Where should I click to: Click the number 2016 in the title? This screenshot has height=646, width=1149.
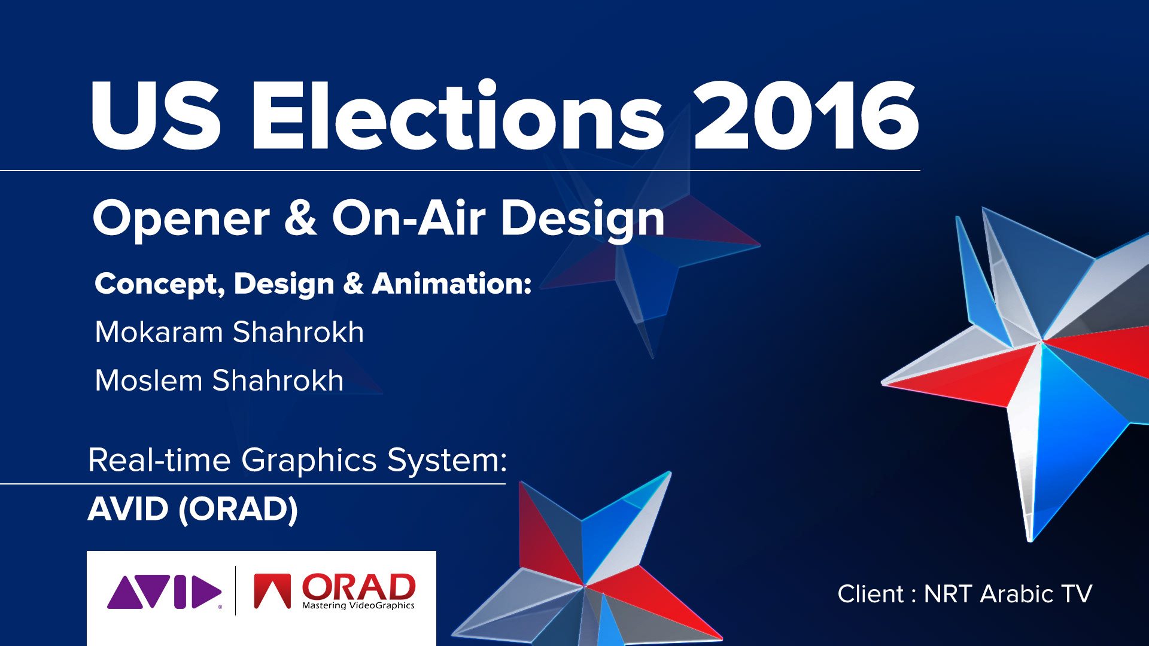[806, 115]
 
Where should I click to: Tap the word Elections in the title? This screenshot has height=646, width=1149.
[458, 114]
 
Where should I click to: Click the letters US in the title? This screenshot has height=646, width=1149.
[156, 115]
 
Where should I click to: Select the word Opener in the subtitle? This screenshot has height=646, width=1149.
[181, 219]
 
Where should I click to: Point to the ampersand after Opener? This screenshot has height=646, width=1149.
[300, 218]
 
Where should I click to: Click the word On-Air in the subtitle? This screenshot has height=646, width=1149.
[409, 218]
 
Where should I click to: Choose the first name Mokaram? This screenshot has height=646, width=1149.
[159, 332]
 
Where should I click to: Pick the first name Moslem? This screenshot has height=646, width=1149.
[149, 380]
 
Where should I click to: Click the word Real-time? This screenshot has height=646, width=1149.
[159, 460]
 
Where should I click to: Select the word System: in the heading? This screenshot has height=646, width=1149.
[447, 461]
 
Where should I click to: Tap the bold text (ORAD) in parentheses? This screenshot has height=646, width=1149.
[238, 510]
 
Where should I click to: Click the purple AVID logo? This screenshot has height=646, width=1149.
[165, 592]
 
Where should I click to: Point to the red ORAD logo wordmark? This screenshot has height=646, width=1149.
[358, 587]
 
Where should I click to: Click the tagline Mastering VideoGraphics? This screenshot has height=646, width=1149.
[358, 605]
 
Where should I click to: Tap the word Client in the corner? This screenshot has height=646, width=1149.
[870, 594]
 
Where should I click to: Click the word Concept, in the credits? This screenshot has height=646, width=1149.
[160, 284]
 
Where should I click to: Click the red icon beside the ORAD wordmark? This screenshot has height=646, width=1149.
[272, 591]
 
